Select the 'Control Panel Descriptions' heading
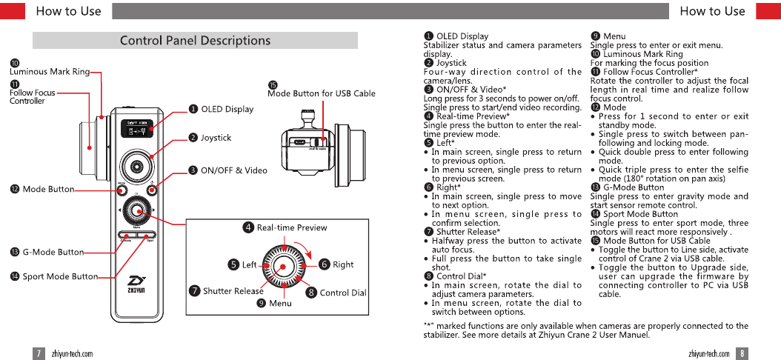point(195,41)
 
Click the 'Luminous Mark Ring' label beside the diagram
point(49,72)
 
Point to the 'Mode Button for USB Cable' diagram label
point(322,93)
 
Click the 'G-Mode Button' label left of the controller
point(53,253)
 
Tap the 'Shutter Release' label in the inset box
point(233,291)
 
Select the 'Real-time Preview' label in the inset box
point(292,227)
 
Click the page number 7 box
point(39,353)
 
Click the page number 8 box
point(742,353)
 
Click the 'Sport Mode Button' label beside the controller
point(59,276)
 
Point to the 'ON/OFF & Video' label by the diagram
point(233,170)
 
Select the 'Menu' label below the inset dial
point(280,304)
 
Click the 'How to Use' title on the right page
point(711,10)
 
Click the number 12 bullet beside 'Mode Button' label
point(15,190)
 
